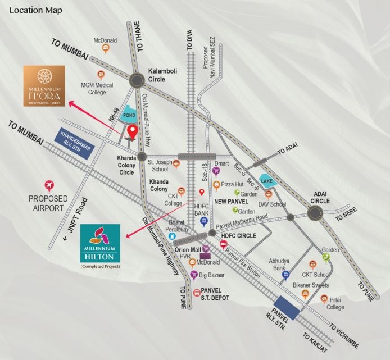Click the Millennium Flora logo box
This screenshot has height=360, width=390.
[x=44, y=85]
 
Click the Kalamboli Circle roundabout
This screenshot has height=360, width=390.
[x=137, y=81]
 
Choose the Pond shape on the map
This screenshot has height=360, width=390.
[x=129, y=113]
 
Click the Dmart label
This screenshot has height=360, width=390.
[x=221, y=163]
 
